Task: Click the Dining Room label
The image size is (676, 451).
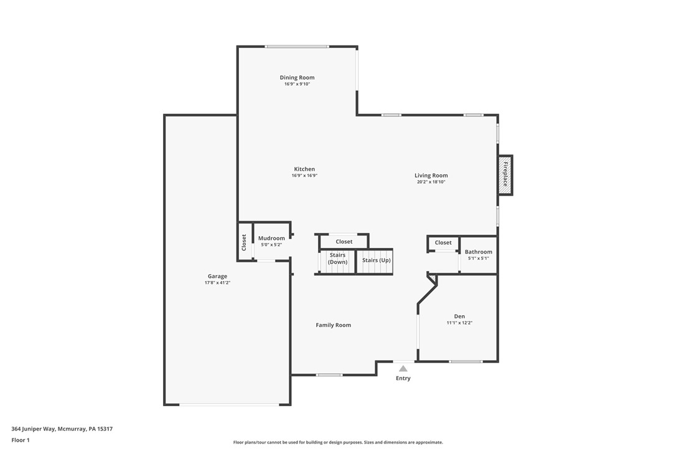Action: (x=297, y=78)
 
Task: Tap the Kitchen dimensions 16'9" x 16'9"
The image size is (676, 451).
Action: (x=304, y=176)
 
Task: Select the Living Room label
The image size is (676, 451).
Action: (x=431, y=176)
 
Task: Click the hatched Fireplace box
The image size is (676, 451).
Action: (x=505, y=174)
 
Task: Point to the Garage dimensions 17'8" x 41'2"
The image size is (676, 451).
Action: (x=217, y=283)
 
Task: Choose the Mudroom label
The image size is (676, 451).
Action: (x=271, y=238)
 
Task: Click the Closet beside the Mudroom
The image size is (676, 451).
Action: (x=244, y=242)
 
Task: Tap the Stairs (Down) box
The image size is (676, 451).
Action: (x=337, y=259)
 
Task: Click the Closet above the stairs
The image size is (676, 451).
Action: (x=344, y=242)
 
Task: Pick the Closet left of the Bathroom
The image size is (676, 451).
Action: (x=443, y=243)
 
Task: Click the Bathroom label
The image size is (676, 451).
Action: (x=478, y=252)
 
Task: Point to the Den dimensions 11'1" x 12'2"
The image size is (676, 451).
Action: (x=459, y=323)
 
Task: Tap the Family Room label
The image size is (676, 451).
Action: (x=333, y=325)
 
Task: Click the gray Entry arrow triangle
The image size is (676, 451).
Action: (x=403, y=369)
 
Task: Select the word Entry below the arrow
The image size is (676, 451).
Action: (x=403, y=378)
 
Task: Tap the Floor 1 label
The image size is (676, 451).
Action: (x=20, y=440)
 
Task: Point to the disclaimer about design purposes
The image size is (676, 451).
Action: (x=338, y=442)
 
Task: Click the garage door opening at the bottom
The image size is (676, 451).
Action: (x=229, y=405)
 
